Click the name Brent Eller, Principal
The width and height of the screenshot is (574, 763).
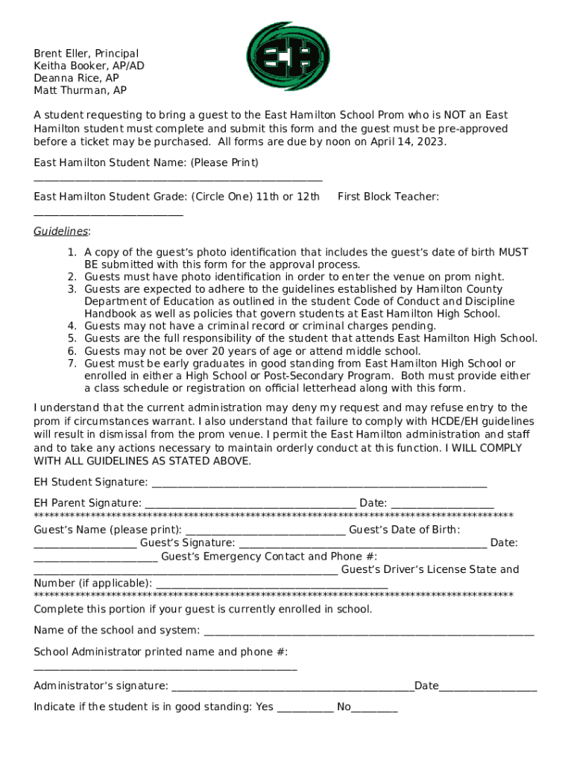[x=86, y=54]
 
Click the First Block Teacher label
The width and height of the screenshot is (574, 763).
[x=388, y=197]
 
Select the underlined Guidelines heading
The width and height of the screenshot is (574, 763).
[x=61, y=231]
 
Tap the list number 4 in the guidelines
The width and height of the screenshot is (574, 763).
[x=72, y=326]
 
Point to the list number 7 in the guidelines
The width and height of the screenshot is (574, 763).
[x=72, y=364]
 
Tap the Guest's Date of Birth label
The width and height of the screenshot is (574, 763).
[x=404, y=530]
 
